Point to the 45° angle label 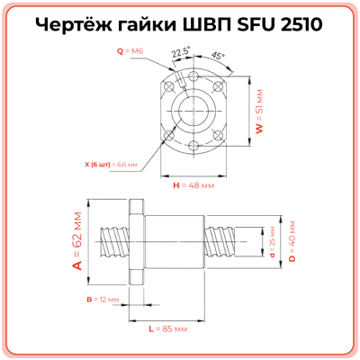(220, 55)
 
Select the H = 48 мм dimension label (192, 184)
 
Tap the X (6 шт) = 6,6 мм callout (107, 165)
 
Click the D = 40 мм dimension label (292, 242)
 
